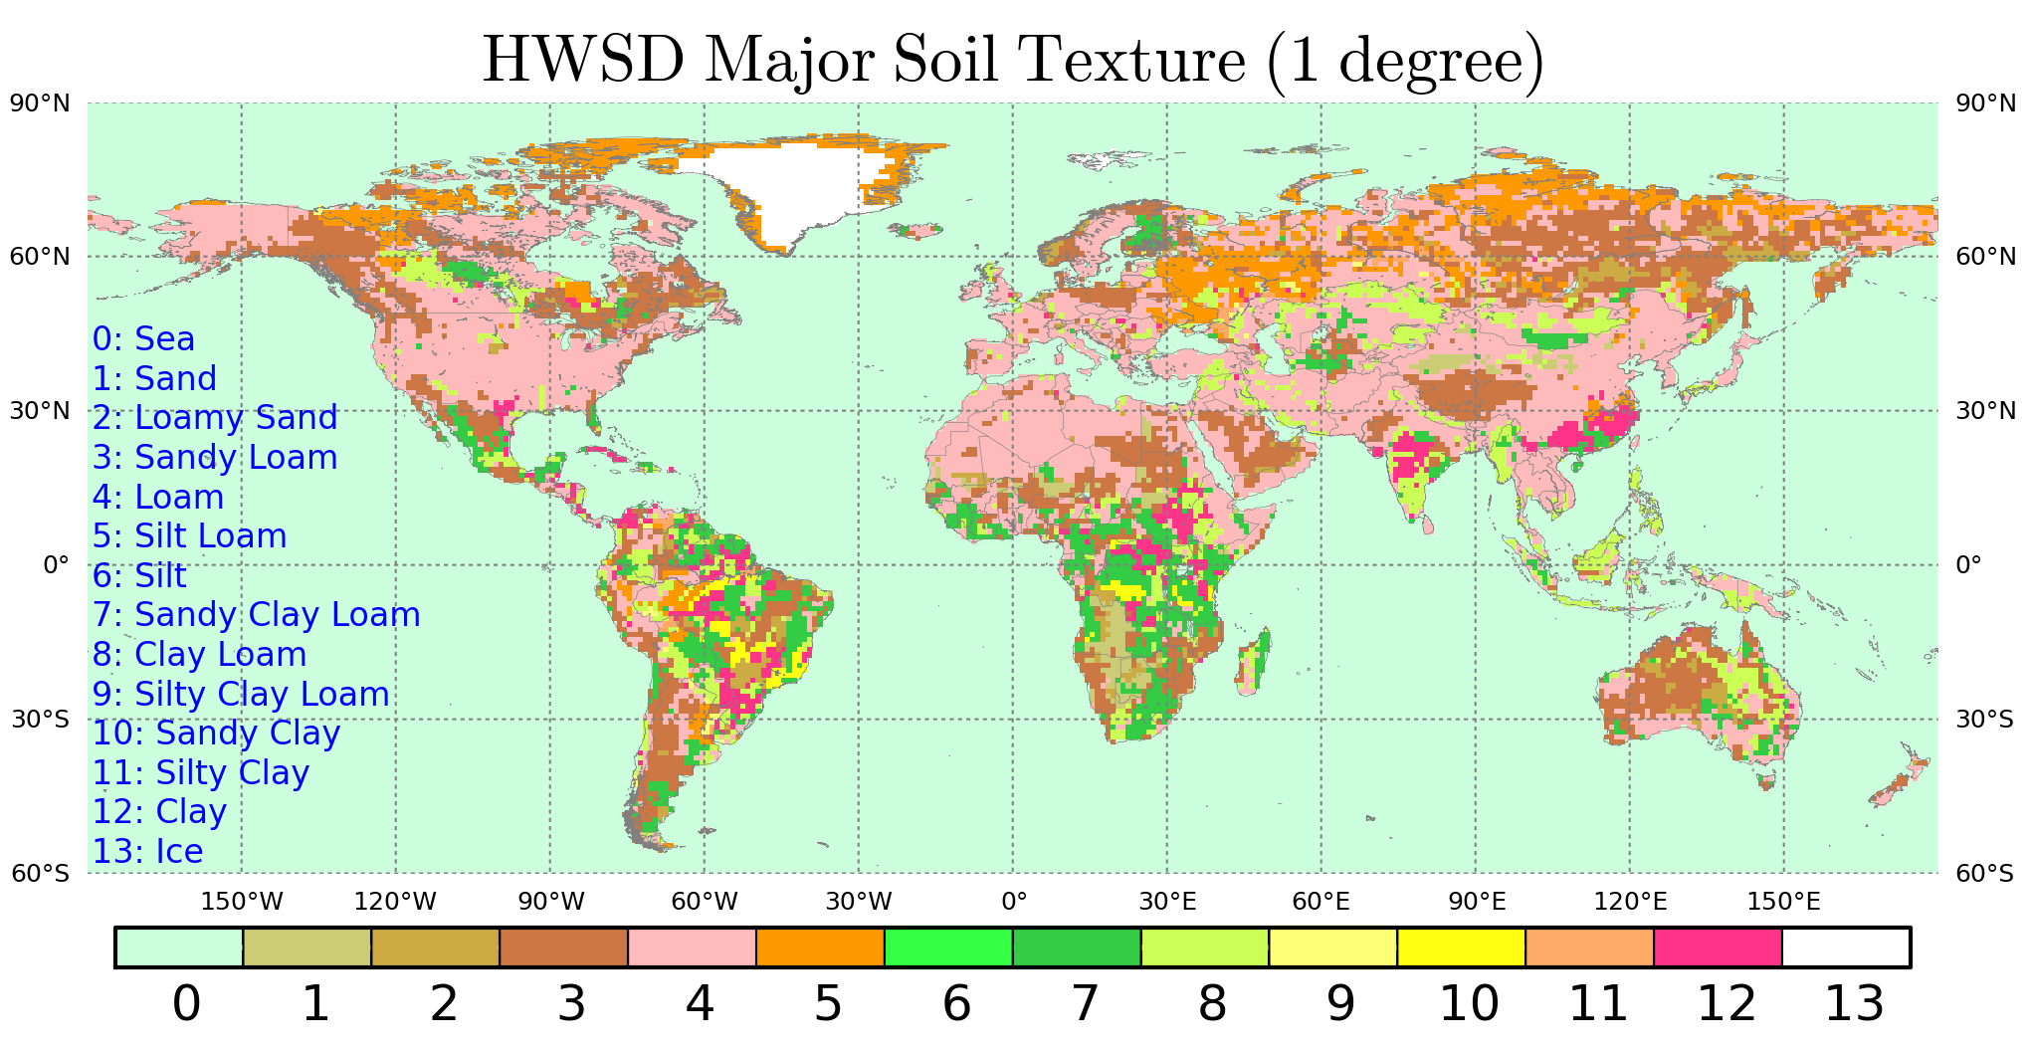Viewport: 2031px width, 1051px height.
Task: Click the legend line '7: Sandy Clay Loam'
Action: point(256,615)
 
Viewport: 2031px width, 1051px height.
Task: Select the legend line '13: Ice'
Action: point(147,852)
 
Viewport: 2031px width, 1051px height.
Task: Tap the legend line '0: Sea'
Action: point(143,339)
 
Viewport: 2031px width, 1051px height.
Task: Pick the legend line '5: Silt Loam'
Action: point(189,536)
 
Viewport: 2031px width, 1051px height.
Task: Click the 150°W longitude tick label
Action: point(242,902)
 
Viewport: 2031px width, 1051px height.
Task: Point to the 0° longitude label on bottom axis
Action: point(1014,902)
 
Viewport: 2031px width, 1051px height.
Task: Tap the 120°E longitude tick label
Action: point(1630,902)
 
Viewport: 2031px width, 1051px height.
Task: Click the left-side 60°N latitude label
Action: point(40,257)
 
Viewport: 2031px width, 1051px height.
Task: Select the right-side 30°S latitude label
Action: point(1984,720)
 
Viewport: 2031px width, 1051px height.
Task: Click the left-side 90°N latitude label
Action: point(40,104)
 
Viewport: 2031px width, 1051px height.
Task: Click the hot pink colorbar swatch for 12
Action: point(1718,946)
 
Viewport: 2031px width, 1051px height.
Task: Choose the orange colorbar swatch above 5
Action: point(820,946)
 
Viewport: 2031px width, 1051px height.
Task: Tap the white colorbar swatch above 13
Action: point(1846,946)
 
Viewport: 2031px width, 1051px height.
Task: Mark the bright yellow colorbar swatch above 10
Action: point(1461,946)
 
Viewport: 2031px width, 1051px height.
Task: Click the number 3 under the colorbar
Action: point(571,1003)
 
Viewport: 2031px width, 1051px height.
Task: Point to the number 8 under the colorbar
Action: point(1212,1003)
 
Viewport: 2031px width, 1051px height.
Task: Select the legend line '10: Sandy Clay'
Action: point(216,734)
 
